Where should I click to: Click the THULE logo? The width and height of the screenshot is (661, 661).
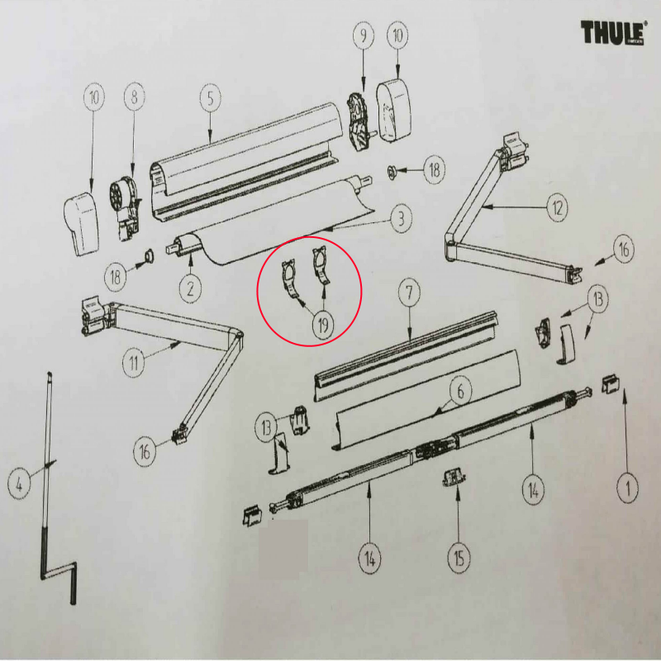click(x=613, y=32)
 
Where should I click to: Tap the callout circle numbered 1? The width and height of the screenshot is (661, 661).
click(x=627, y=488)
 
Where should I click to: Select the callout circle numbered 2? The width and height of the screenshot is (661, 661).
click(x=190, y=288)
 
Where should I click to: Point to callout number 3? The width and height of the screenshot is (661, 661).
click(x=401, y=218)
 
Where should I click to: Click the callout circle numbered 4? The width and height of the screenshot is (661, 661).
click(x=19, y=484)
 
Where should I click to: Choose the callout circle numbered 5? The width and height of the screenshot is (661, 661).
click(x=211, y=98)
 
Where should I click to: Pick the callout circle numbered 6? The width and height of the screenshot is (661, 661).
click(x=460, y=391)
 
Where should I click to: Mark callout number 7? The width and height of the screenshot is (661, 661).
click(x=409, y=292)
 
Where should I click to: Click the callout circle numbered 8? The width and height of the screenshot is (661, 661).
click(x=135, y=97)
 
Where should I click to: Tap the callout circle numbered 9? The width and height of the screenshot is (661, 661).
click(x=364, y=36)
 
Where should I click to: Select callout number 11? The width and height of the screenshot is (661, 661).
click(x=134, y=363)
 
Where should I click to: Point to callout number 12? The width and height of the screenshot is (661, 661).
click(x=557, y=207)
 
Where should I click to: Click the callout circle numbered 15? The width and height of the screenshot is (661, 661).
click(x=459, y=559)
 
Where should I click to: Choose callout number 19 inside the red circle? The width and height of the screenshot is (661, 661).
click(x=323, y=325)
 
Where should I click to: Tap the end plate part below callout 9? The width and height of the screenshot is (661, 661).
click(x=359, y=121)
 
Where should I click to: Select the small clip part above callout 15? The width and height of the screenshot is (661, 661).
click(x=453, y=478)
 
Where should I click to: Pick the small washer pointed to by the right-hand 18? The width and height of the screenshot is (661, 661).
click(x=391, y=172)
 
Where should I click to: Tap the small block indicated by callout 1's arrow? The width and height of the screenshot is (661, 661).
click(x=611, y=383)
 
